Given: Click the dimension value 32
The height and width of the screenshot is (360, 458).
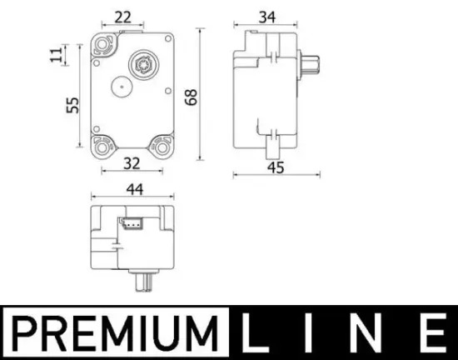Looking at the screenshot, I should click(131, 164).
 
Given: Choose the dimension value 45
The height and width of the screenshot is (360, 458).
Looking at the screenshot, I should click(276, 167).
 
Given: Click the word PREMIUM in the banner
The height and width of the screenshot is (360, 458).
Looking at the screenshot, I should click(112, 332).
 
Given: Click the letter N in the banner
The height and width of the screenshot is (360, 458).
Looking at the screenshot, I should click(370, 332).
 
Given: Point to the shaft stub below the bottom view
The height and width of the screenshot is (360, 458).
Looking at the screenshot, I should click(143, 281).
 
